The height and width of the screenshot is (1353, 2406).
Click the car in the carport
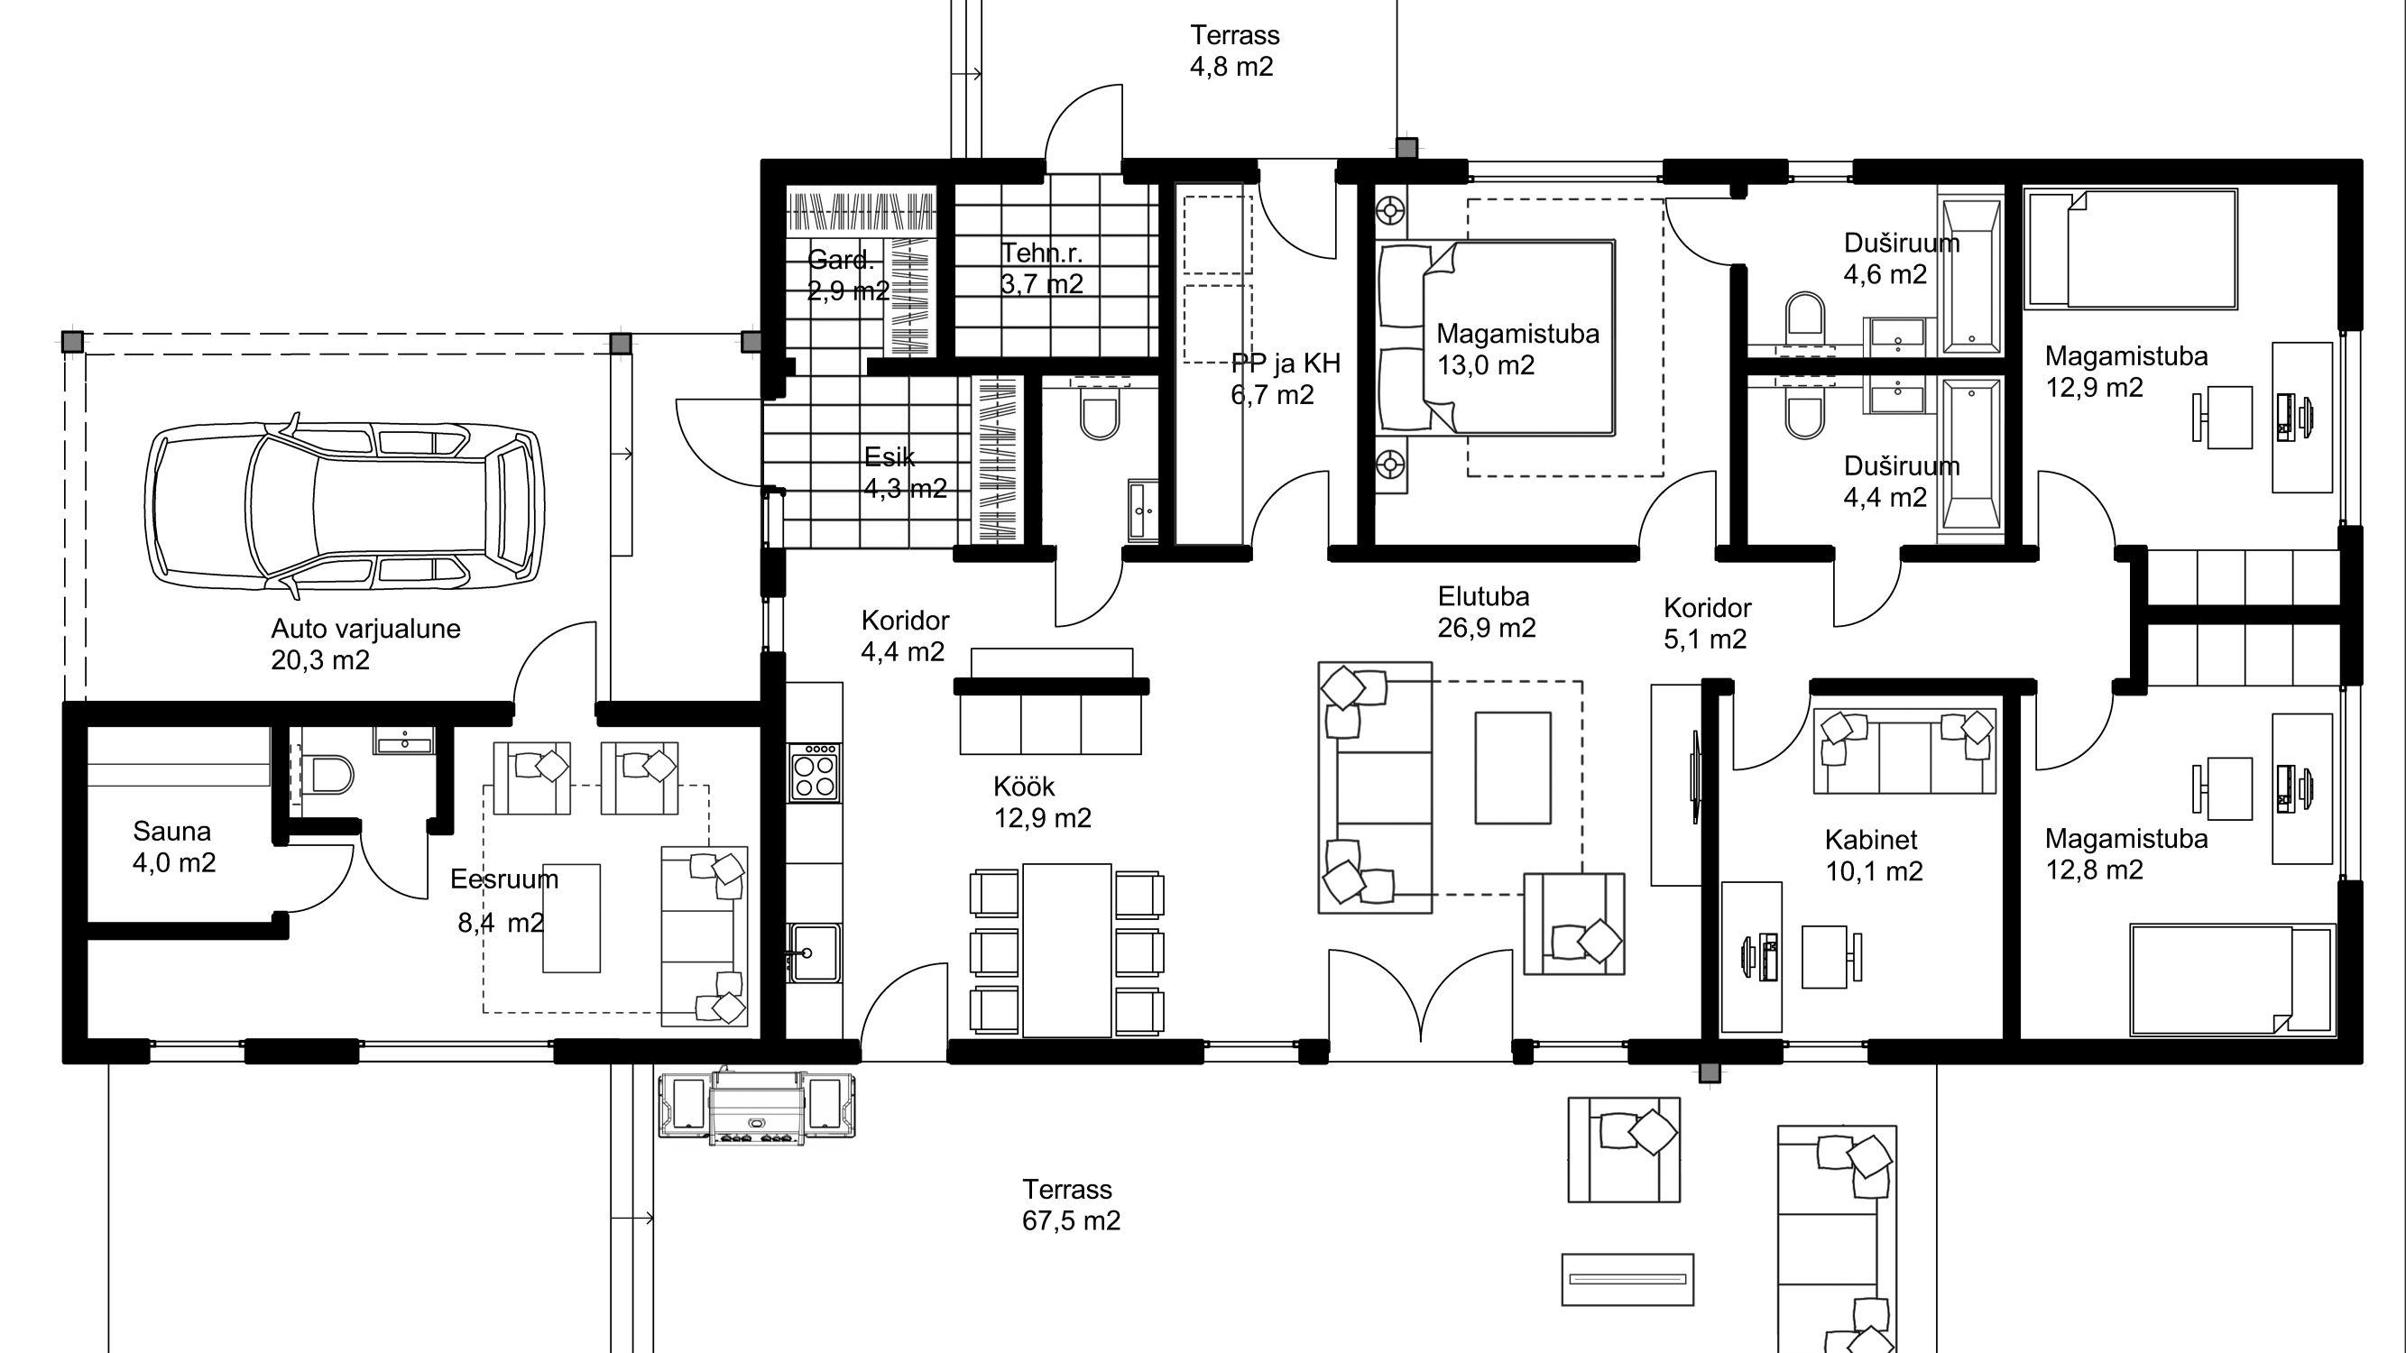click(x=345, y=505)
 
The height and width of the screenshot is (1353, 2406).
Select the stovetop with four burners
click(x=814, y=772)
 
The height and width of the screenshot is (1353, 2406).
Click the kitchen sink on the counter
click(x=814, y=953)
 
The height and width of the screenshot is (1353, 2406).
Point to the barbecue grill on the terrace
click(x=757, y=1107)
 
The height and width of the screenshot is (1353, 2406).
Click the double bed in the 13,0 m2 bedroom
click(x=1498, y=338)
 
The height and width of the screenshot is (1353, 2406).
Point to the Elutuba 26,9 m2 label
click(x=1486, y=612)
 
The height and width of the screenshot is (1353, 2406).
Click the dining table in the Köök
click(x=1066, y=950)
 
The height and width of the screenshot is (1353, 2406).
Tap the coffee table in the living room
click(x=1513, y=768)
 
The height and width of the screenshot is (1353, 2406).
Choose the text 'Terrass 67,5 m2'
click(x=1070, y=1204)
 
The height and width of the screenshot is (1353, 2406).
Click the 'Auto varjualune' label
click(x=365, y=629)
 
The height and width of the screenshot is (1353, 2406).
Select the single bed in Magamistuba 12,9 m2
click(x=2131, y=248)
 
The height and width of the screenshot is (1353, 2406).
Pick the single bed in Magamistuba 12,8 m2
click(x=2231, y=980)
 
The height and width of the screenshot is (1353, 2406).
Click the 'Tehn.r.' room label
click(x=1041, y=253)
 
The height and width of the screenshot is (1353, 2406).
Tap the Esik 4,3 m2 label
click(x=905, y=473)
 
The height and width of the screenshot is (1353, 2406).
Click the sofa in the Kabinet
click(x=1904, y=750)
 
